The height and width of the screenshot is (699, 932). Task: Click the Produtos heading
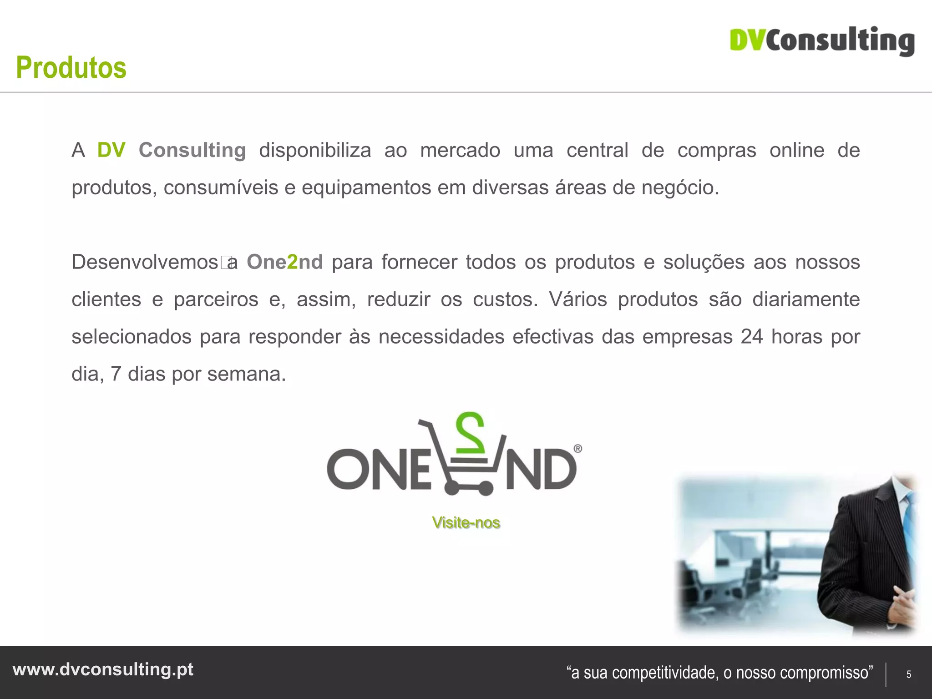click(x=71, y=67)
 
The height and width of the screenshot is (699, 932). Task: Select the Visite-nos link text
click(x=466, y=522)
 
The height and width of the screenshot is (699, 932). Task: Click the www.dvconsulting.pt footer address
click(x=103, y=669)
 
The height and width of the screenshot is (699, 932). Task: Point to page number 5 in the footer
click(x=908, y=674)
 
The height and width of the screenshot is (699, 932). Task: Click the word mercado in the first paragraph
click(x=460, y=150)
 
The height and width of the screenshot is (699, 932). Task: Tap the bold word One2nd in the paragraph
click(x=285, y=262)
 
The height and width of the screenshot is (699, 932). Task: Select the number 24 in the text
click(x=751, y=337)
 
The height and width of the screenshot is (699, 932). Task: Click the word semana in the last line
click(x=246, y=374)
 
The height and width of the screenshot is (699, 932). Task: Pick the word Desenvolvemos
click(x=145, y=262)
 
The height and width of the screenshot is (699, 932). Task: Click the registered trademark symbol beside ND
click(x=577, y=449)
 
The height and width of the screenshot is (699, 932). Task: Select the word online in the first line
click(x=797, y=150)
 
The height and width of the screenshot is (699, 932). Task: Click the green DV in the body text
click(x=111, y=150)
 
